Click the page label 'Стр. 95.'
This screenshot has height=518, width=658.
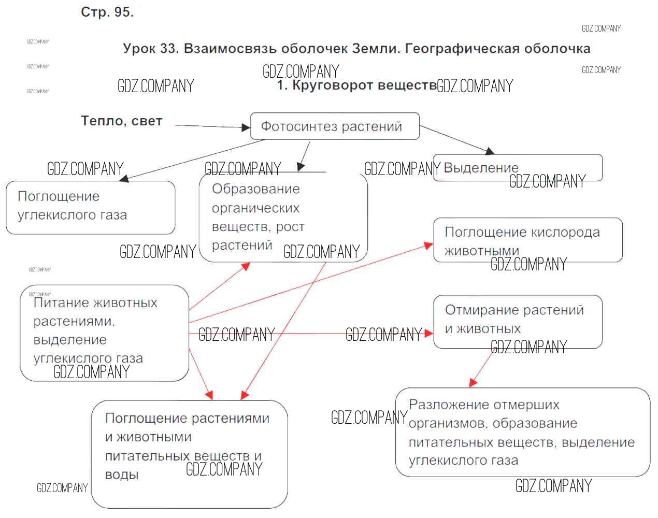coord(107,12)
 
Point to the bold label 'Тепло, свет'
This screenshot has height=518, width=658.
coord(121,121)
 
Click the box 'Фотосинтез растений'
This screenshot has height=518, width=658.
coord(334,126)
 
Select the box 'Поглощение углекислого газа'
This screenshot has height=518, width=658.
coord(90,207)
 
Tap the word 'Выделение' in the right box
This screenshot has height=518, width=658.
coord(481,168)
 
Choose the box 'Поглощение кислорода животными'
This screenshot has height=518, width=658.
coord(527,240)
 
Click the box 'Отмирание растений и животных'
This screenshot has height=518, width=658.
coord(517,321)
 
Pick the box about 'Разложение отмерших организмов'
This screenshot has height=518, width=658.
coord(522,432)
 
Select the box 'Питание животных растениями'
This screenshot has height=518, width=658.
coord(104,333)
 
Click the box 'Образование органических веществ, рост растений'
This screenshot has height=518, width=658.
coord(283,218)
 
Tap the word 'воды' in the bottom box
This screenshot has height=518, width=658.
coord(122,475)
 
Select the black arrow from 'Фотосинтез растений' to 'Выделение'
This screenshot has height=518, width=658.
coord(456,139)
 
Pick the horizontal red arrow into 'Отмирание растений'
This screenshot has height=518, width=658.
coord(311,334)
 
